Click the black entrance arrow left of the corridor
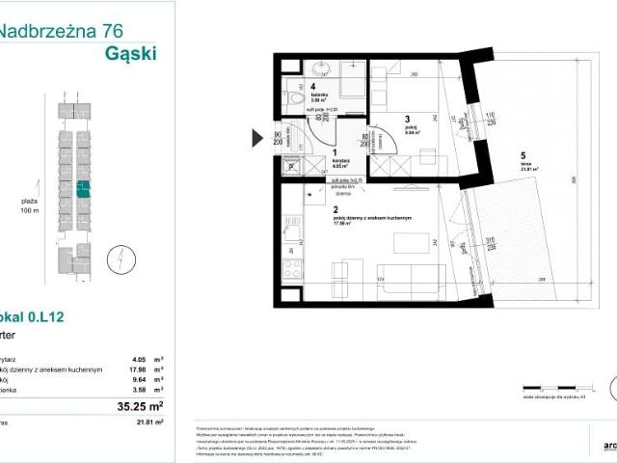(x=257, y=138)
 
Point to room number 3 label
(x=408, y=122)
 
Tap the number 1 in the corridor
(x=334, y=152)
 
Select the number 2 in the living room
(x=335, y=209)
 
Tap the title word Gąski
(x=129, y=52)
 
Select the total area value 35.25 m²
(x=139, y=406)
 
